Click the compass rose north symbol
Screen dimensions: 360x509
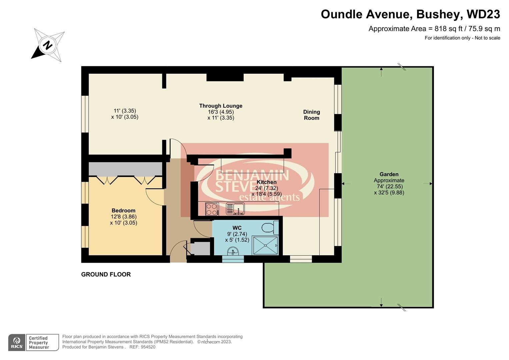[48, 45]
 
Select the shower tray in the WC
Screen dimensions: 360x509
[265, 246]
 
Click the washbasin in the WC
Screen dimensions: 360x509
[233, 251]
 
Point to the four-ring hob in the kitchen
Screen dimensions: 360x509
[212, 209]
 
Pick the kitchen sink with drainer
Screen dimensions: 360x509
[235, 209]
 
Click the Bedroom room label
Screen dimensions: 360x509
[123, 210]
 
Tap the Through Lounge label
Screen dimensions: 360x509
[221, 106]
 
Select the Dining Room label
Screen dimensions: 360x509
[311, 115]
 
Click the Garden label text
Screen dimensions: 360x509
[389, 174]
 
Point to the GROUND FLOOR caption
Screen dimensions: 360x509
[106, 274]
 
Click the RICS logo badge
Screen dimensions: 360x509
[17, 343]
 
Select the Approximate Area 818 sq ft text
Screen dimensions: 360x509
[434, 29]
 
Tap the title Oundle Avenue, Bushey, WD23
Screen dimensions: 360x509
[410, 14]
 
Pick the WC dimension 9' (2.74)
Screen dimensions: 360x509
[237, 234]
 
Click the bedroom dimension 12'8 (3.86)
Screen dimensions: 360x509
[123, 217]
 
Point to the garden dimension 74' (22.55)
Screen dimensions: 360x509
[389, 187]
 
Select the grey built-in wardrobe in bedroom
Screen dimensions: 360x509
[125, 169]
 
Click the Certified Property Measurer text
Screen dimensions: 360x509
[39, 343]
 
